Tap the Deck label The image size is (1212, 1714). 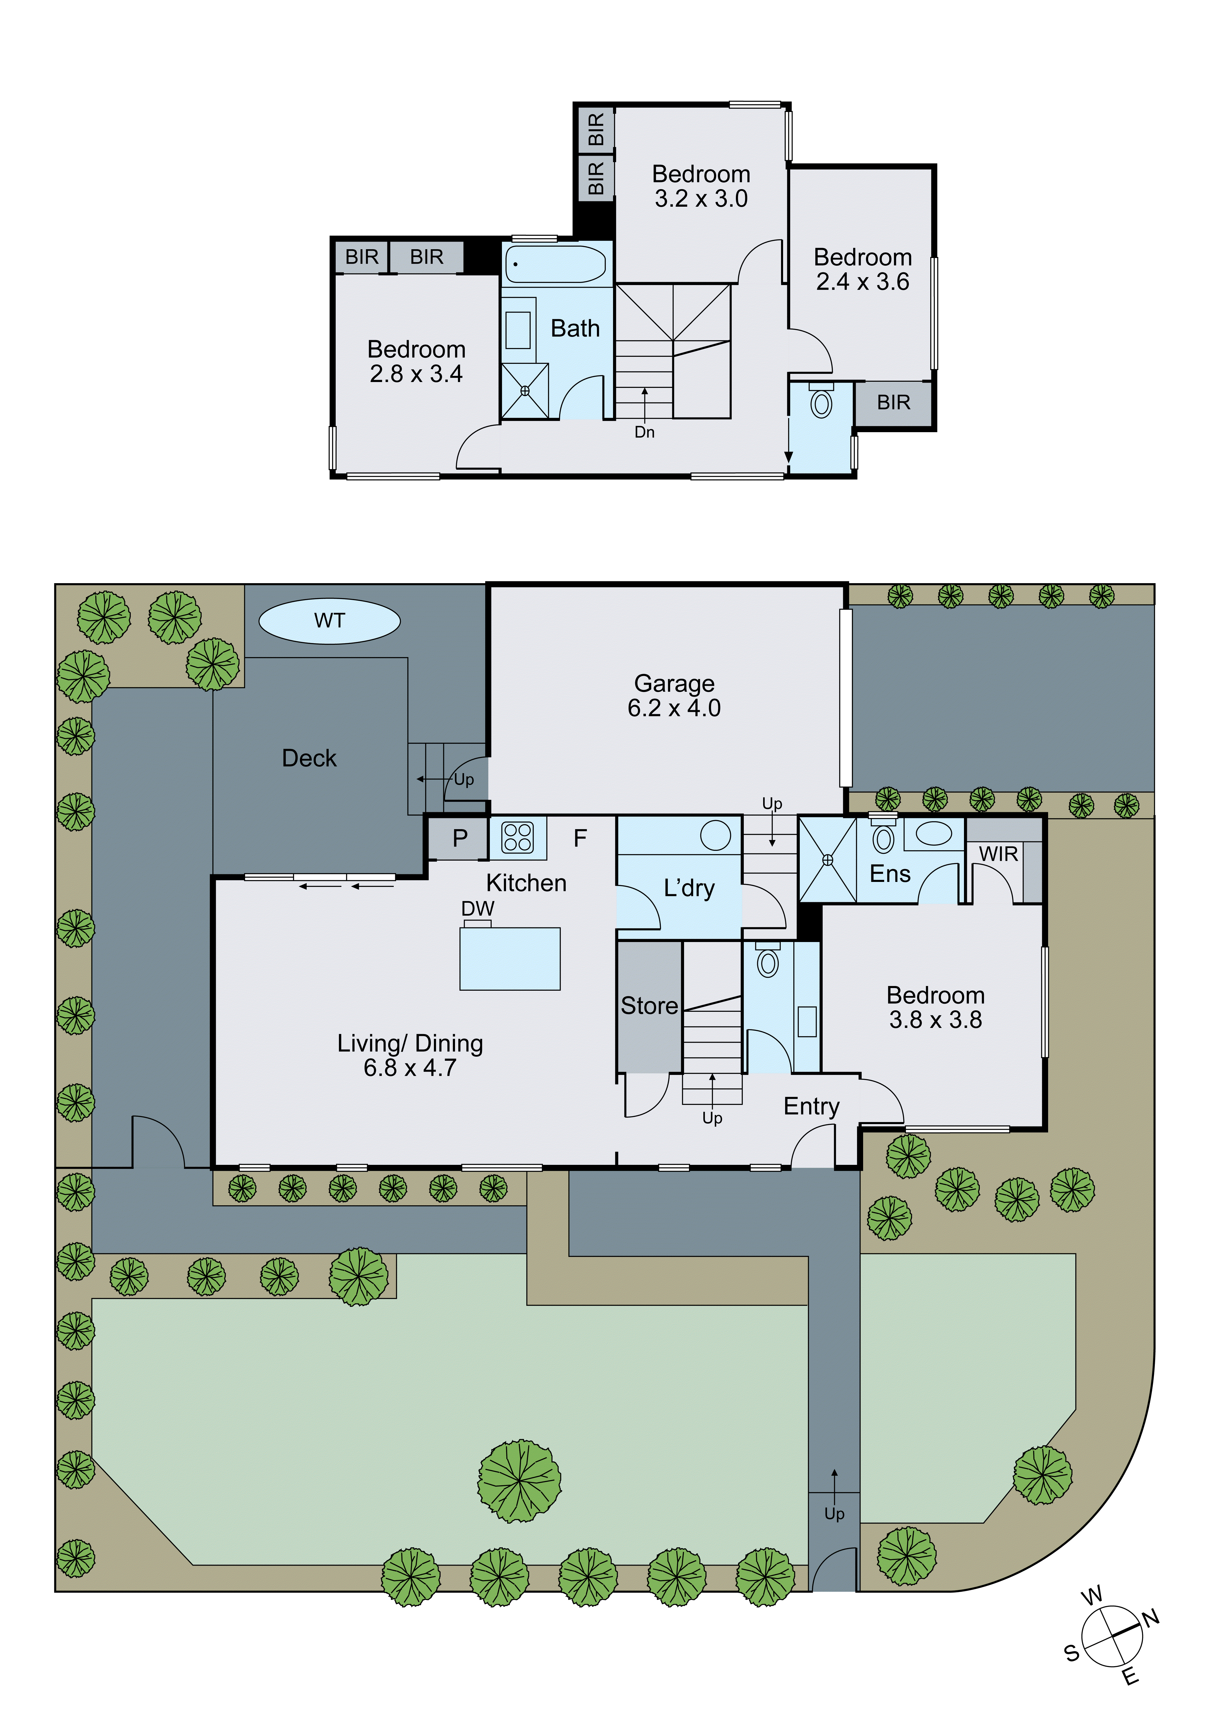309,758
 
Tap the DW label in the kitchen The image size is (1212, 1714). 478,909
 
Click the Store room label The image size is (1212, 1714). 649,1006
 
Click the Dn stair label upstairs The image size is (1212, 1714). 644,432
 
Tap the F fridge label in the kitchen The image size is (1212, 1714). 580,838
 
